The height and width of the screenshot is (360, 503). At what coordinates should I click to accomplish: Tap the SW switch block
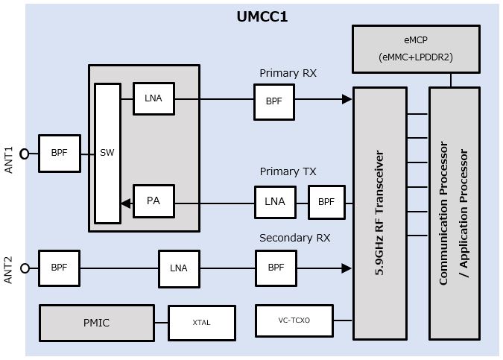[107, 153]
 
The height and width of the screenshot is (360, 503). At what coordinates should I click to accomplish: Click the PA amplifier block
[154, 201]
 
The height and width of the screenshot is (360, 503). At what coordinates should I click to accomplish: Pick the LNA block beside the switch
[154, 98]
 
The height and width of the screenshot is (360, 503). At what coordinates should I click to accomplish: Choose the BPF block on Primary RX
[273, 102]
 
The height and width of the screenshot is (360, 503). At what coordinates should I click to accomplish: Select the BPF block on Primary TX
[326, 202]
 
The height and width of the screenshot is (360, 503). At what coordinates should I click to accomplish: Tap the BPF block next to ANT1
[59, 153]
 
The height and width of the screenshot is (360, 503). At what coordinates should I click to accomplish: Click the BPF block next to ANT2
[59, 268]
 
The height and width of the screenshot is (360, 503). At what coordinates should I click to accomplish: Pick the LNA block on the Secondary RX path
[179, 268]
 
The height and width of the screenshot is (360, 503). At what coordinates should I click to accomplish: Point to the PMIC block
[96, 323]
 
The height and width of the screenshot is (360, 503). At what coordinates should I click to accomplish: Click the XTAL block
[201, 323]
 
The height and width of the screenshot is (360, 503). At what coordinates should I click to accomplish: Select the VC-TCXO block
[294, 320]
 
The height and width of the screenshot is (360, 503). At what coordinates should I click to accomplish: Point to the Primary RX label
[288, 73]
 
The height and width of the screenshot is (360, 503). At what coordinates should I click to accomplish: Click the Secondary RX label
[294, 238]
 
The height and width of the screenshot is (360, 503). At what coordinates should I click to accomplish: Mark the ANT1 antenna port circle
[25, 154]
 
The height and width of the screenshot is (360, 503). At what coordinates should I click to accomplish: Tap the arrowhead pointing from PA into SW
[126, 203]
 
